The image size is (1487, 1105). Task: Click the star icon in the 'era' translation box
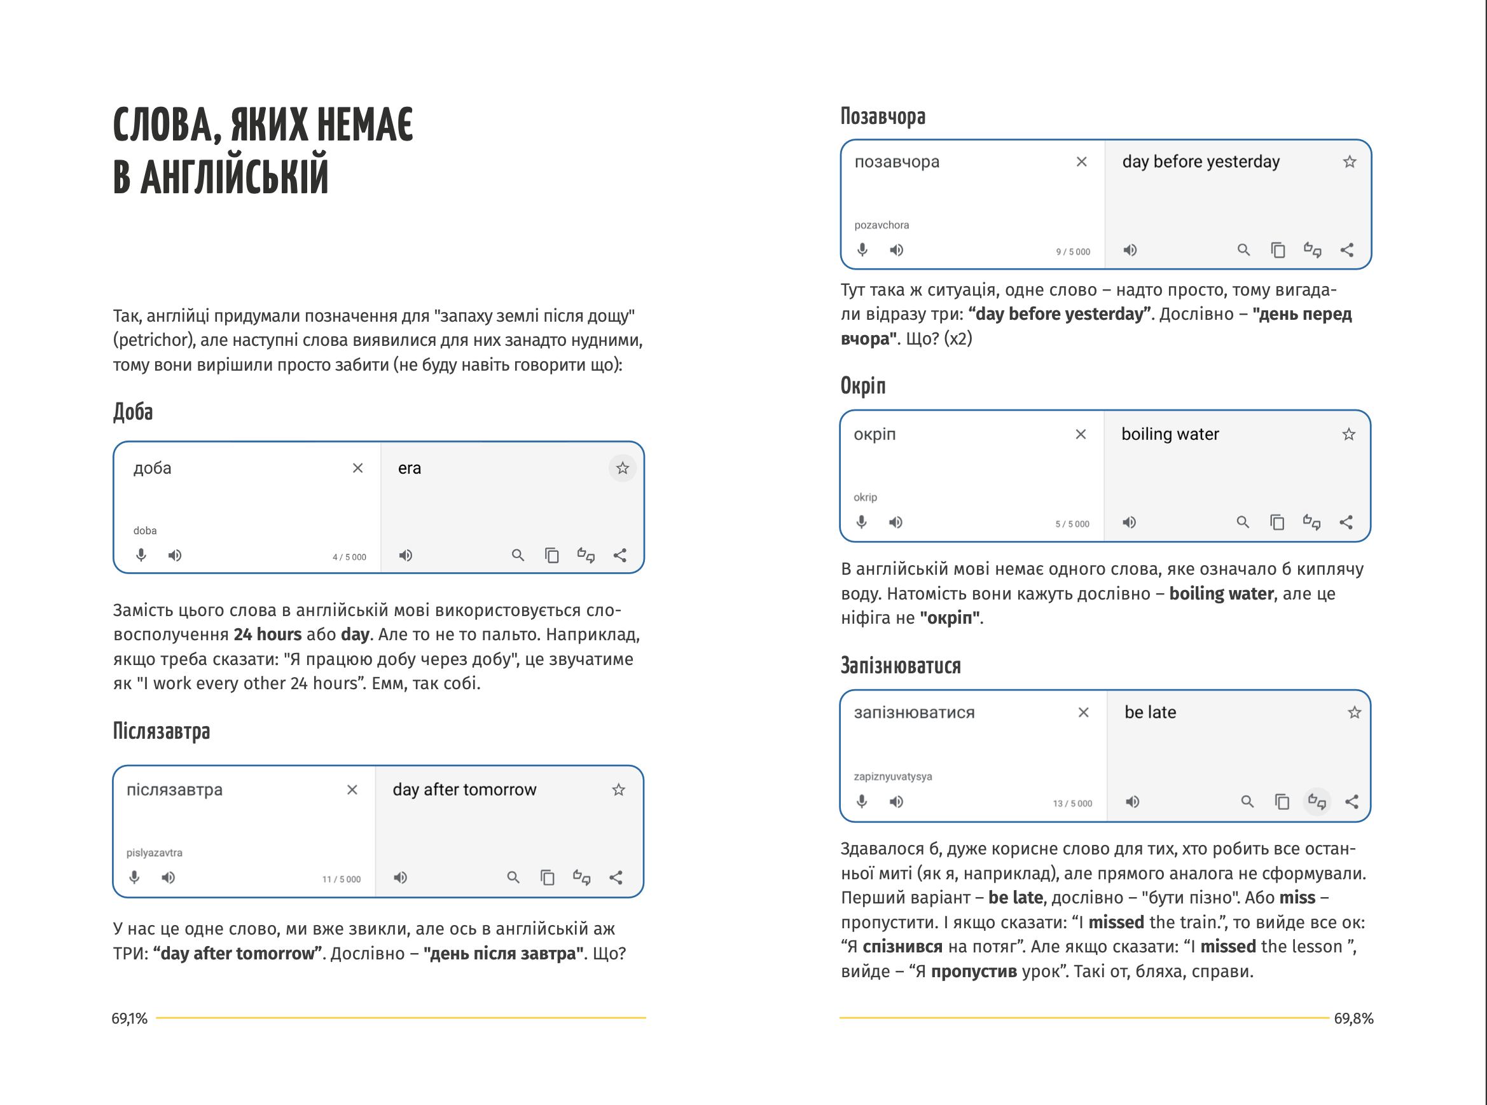[x=623, y=468]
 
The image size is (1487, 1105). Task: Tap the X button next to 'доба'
[x=358, y=468]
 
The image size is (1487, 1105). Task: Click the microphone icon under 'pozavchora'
[x=862, y=250]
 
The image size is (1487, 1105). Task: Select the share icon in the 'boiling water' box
[x=1346, y=523]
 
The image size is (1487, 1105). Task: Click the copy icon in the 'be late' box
[x=1282, y=801]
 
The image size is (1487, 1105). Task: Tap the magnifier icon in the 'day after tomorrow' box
[x=513, y=877]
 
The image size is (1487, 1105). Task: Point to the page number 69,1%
[x=129, y=1019]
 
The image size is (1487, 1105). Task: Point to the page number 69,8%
[x=1353, y=1019]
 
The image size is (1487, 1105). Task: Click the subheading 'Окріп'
[x=863, y=386]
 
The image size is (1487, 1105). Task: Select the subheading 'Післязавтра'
[x=162, y=731]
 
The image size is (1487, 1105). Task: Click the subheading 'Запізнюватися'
[x=901, y=666]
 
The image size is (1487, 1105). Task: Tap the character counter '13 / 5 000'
[x=1072, y=804]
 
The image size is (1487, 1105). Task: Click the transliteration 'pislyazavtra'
[x=155, y=853]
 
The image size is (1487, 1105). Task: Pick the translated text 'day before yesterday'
[x=1201, y=162]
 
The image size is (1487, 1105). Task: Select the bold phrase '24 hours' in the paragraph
[x=268, y=635]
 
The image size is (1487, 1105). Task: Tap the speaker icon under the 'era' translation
[x=406, y=556]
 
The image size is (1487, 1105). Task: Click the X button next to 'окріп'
[x=1081, y=435]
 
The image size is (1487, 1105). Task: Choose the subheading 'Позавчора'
[x=883, y=116]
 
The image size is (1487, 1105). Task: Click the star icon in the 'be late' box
[x=1355, y=713]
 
